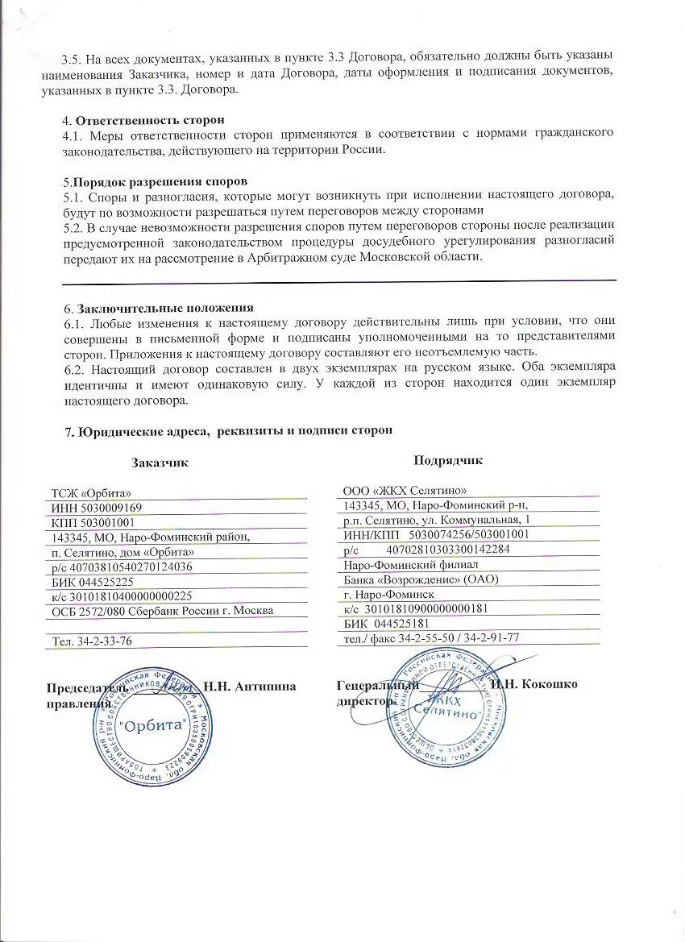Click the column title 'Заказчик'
pos(160,463)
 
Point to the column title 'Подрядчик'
pos(448,460)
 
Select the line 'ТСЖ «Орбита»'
pos(89,493)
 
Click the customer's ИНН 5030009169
pos(96,508)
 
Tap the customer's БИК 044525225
pos(92,581)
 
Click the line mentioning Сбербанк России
pos(161,610)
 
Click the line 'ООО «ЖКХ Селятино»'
pos(405,490)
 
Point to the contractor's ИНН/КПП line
pos(436,533)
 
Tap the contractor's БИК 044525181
pos(385,623)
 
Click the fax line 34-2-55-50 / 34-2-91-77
pos(431,637)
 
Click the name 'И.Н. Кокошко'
pos(533,684)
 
